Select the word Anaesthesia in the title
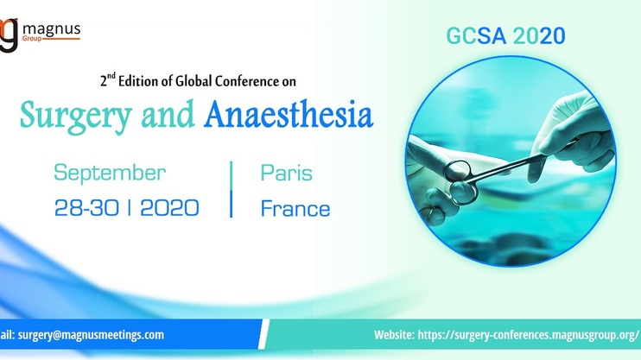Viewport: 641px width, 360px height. point(289,114)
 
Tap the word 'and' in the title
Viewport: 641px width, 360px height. point(168,115)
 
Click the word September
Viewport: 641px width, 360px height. point(110,174)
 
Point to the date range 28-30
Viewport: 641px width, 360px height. point(86,207)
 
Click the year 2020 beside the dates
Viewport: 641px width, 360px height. point(169,207)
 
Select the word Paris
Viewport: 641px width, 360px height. point(286,173)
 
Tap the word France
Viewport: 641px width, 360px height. point(295,208)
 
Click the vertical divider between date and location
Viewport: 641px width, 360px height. point(232,189)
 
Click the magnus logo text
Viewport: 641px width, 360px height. point(52,29)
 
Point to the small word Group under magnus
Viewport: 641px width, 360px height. point(32,39)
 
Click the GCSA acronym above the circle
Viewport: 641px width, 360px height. point(476,36)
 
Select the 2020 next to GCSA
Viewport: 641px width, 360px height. point(540,36)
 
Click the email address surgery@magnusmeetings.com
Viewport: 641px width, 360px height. point(91,335)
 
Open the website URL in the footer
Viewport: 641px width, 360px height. point(528,335)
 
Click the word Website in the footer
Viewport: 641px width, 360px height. point(394,335)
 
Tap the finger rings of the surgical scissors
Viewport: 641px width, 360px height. point(461,181)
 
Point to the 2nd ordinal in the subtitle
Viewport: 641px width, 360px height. point(108,79)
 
